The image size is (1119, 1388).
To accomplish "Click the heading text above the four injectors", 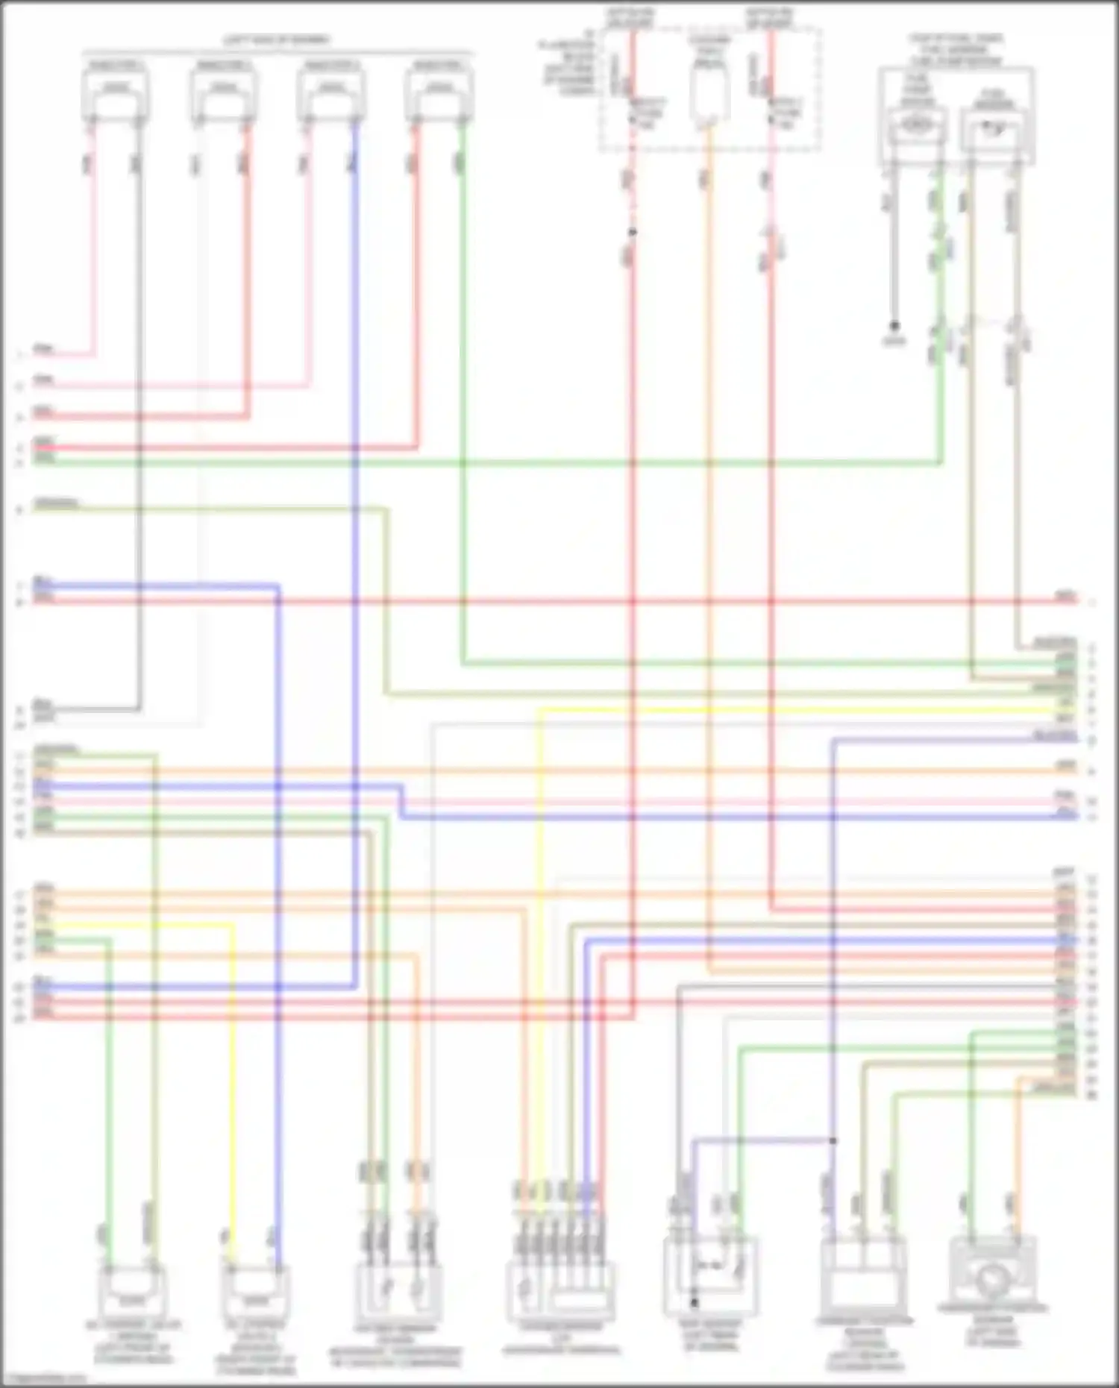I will coord(277,40).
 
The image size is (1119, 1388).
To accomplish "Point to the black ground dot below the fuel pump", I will coord(894,326).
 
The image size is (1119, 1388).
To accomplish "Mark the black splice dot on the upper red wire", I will coord(632,232).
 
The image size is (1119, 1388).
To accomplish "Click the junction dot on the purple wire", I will coord(833,1140).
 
